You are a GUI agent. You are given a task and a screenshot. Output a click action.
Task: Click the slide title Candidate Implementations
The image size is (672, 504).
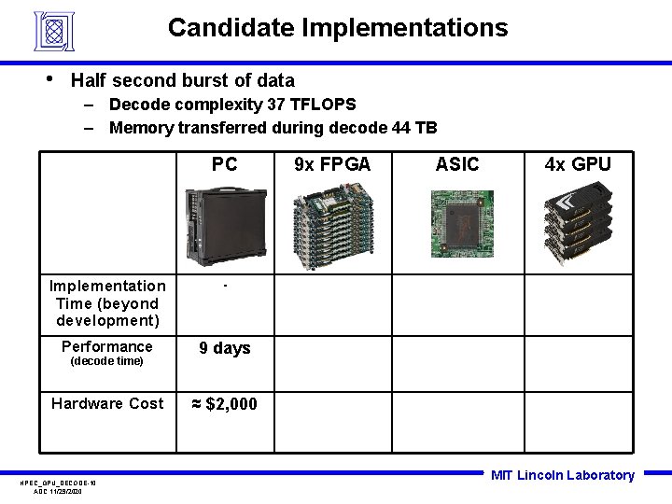338,28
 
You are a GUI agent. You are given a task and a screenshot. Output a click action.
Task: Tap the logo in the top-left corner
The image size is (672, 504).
53,31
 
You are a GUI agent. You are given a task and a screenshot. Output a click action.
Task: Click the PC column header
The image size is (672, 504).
224,165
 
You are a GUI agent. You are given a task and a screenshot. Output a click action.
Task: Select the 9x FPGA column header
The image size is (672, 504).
332,165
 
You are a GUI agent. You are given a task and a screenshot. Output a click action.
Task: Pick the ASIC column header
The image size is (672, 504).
457,165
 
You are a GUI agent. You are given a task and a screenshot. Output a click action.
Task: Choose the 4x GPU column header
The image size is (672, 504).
578,165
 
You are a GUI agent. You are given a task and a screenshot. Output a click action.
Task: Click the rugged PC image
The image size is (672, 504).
224,223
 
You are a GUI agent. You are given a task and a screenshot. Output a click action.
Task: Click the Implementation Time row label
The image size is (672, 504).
107,303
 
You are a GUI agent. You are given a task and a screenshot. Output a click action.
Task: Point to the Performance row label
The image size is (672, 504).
107,347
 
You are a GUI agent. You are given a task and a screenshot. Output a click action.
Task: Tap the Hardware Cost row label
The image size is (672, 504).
107,403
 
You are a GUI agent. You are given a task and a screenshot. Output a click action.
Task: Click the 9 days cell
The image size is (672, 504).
225,348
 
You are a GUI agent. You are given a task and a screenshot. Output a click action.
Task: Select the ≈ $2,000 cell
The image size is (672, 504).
224,404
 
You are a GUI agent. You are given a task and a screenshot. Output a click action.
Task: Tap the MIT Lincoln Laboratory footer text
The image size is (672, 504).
562,475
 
